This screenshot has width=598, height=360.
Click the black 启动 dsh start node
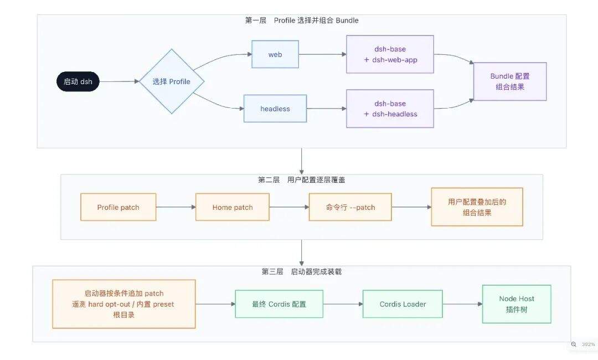[78, 81]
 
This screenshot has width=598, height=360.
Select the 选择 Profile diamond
[172, 81]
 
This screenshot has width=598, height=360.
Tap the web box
[275, 54]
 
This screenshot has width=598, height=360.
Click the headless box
[275, 109]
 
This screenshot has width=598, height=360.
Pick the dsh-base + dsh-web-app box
[390, 54]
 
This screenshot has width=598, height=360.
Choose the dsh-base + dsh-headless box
[390, 109]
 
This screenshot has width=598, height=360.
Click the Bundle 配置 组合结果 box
[510, 81]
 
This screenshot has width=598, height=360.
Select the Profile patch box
[118, 207]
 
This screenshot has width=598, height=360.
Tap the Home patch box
[232, 207]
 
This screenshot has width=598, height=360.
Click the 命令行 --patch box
[350, 207]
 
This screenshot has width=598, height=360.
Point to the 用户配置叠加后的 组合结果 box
[477, 207]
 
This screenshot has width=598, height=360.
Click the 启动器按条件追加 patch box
[124, 304]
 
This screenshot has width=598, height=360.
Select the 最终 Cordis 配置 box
[279, 304]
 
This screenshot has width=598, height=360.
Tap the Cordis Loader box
[403, 304]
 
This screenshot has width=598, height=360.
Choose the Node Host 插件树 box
[517, 304]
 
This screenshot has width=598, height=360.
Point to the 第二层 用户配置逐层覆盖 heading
[302, 179]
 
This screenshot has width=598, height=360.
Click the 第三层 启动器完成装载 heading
[302, 271]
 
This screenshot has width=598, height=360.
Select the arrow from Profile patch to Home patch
[176, 207]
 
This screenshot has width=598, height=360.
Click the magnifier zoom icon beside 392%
[574, 344]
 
